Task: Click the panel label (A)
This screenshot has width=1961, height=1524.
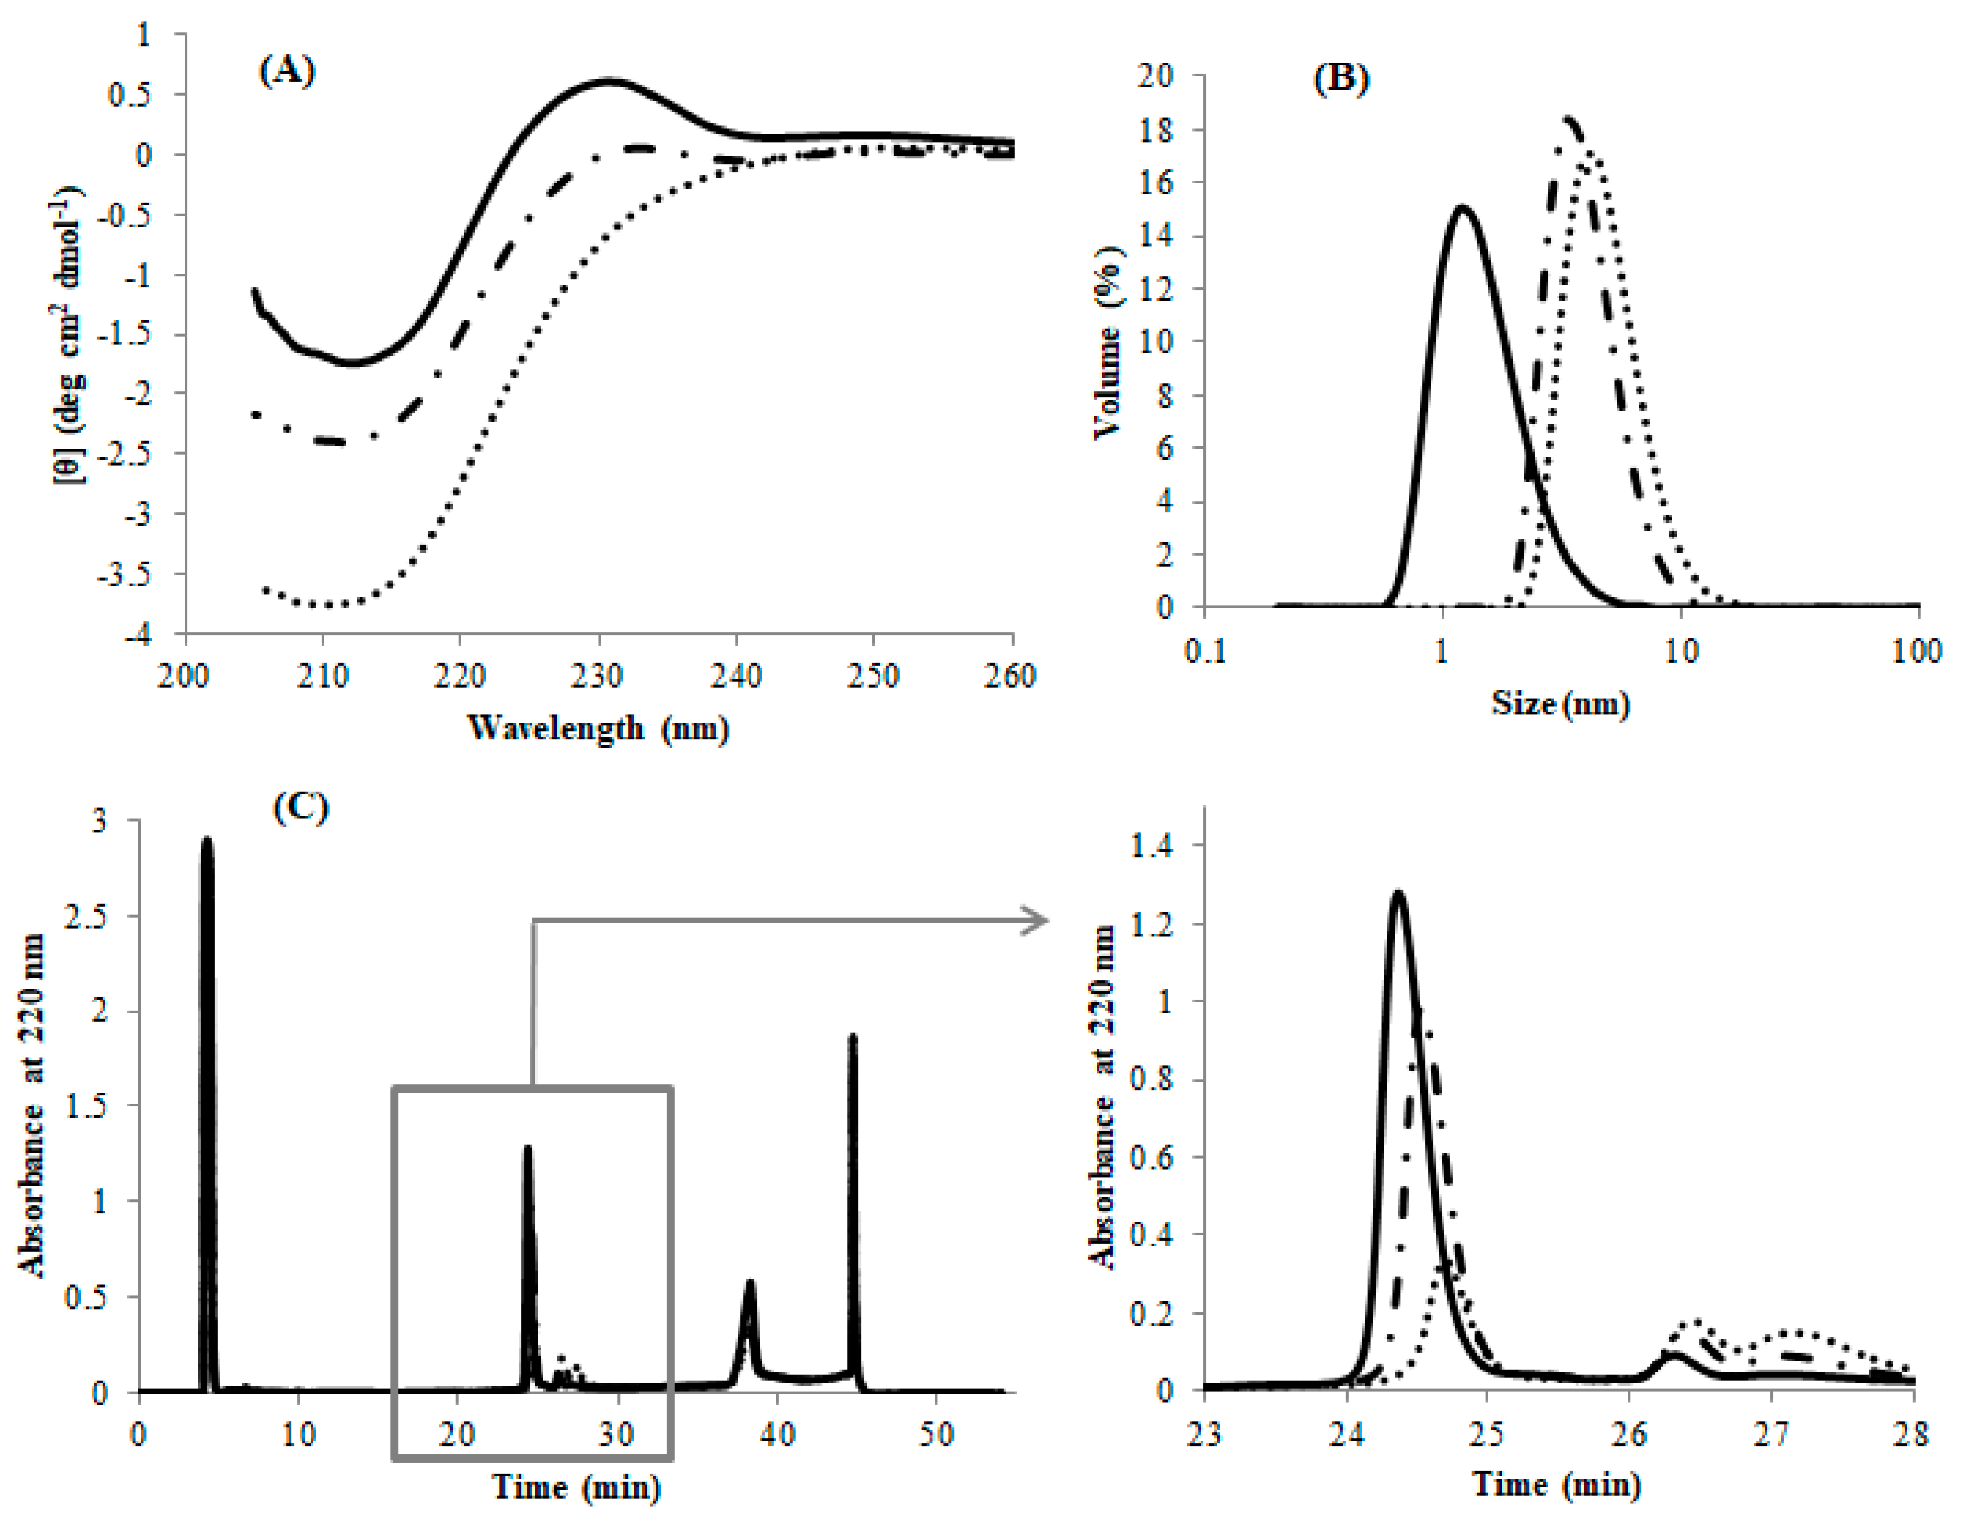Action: [x=287, y=70]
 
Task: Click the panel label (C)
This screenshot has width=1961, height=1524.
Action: [x=301, y=807]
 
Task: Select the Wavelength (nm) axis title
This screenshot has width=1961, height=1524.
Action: [x=598, y=728]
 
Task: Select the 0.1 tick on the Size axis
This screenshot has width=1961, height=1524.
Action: [x=1205, y=651]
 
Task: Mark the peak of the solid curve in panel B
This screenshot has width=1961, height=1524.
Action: [x=1463, y=208]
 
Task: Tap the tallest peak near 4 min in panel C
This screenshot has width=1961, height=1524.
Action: [x=207, y=840]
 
